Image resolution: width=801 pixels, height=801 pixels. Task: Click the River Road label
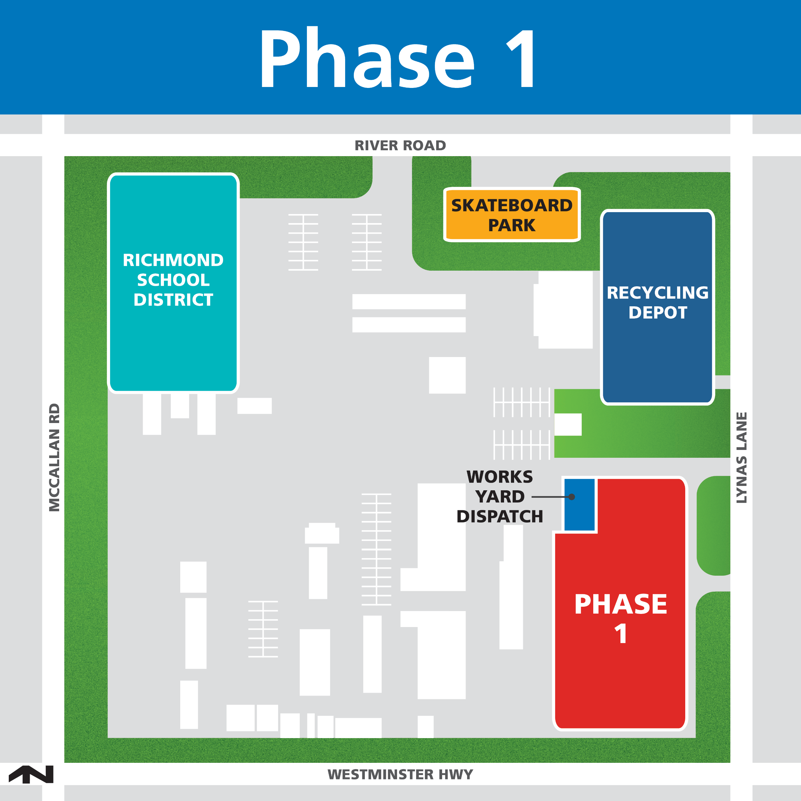pos(400,145)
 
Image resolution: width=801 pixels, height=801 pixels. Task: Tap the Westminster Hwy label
pos(400,774)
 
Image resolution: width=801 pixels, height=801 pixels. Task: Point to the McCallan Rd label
pos(54,457)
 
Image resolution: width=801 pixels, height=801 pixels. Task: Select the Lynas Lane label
pos(741,458)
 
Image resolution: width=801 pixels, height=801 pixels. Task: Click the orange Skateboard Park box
pos(512,214)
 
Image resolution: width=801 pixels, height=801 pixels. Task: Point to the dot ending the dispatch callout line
pos(572,497)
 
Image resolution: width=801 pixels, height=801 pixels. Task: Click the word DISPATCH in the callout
pos(500,517)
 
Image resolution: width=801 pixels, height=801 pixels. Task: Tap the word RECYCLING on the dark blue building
pos(658,293)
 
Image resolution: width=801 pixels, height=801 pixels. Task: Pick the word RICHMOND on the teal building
pos(173,260)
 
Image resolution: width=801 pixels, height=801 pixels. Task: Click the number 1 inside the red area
pos(621,634)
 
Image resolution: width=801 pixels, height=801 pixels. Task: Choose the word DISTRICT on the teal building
pos(173,300)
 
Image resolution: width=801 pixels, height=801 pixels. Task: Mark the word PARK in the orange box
pos(512,226)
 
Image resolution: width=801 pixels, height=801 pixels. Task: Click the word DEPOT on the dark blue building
pos(658,313)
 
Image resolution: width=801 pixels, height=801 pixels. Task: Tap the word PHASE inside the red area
pos(621,605)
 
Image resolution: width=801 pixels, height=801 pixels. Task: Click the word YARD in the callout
pos(500,497)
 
